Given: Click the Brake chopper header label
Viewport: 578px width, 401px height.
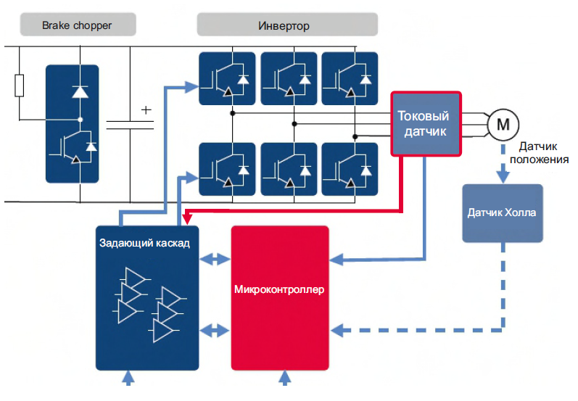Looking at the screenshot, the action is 77,25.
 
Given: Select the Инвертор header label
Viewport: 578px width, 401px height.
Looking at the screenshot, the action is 284,26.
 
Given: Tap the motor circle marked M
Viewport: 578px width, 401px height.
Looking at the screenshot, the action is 503,125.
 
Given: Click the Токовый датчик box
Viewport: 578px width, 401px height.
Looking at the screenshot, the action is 426,124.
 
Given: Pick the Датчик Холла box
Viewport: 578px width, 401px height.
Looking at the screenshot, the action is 503,213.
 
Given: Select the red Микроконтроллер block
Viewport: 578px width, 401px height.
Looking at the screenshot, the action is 280,298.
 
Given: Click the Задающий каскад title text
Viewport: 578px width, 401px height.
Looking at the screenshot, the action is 144,243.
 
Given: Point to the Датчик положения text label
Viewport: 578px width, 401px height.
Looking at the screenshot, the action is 539,153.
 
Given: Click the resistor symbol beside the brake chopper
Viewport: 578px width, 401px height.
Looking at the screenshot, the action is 19,86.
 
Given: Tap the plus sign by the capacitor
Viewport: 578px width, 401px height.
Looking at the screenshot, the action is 146,109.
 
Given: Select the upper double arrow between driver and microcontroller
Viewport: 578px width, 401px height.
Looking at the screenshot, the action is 215,259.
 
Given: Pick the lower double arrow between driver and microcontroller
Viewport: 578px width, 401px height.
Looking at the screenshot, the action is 215,330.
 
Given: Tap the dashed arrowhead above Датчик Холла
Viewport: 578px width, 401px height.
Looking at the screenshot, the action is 503,176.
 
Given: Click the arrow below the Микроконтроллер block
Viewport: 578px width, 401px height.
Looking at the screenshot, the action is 284,378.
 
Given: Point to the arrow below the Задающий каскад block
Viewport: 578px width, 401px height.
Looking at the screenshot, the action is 128,378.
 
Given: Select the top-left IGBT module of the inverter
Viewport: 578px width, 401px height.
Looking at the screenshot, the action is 227,78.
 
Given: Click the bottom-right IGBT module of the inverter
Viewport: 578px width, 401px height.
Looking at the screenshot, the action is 350,169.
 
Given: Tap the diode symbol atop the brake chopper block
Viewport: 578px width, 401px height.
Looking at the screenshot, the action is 80,91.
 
